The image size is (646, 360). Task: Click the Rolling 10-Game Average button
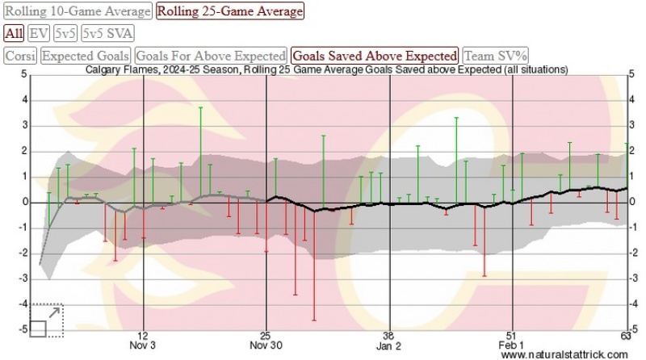point(78,11)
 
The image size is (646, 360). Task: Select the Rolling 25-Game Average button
point(230,11)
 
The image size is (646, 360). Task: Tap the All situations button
point(13,33)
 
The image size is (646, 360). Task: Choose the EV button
point(38,33)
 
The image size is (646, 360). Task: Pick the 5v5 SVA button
point(107,33)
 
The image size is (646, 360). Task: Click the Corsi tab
point(20,56)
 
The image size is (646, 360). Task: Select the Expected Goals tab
point(86,56)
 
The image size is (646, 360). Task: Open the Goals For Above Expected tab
point(211,56)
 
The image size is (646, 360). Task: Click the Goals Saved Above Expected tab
point(375,56)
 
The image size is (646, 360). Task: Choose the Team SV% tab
point(495,56)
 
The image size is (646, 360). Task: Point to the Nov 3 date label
point(143,345)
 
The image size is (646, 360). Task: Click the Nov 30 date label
point(266,345)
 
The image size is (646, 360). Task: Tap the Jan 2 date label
point(389,345)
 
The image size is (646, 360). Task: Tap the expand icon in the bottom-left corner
point(46,320)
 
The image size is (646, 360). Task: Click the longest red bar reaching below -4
point(314,266)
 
